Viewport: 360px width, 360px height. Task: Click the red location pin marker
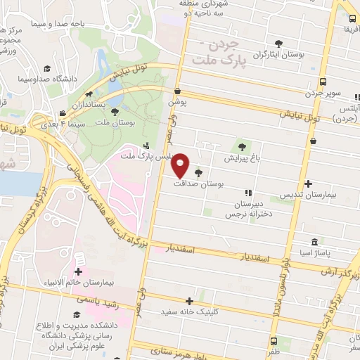click(x=181, y=165)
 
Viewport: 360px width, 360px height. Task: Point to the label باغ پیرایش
click(x=243, y=158)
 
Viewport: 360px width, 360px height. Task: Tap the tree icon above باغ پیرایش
click(x=243, y=147)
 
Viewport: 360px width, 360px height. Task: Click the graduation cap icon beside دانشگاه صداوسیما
click(x=47, y=68)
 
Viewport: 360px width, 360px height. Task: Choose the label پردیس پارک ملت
click(x=145, y=155)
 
